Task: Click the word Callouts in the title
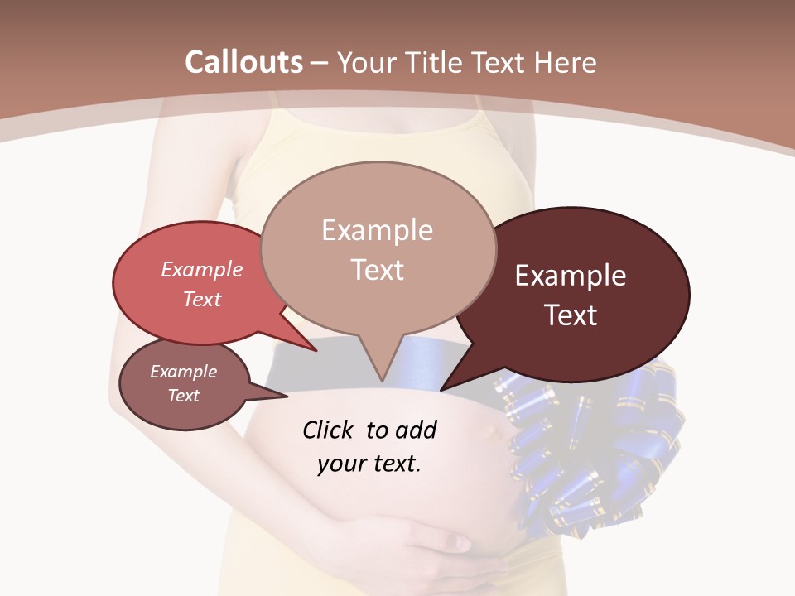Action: pos(243,62)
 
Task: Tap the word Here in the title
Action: pos(564,62)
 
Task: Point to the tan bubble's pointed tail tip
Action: pos(382,381)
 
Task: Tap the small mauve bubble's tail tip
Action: pos(286,397)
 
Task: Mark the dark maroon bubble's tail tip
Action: pos(441,389)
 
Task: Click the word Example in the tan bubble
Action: pos(377,230)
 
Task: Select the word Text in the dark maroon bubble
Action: pos(571,315)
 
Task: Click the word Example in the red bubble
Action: pos(202,269)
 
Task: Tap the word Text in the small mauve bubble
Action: pos(184,396)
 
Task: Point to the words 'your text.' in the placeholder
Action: pos(369,464)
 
